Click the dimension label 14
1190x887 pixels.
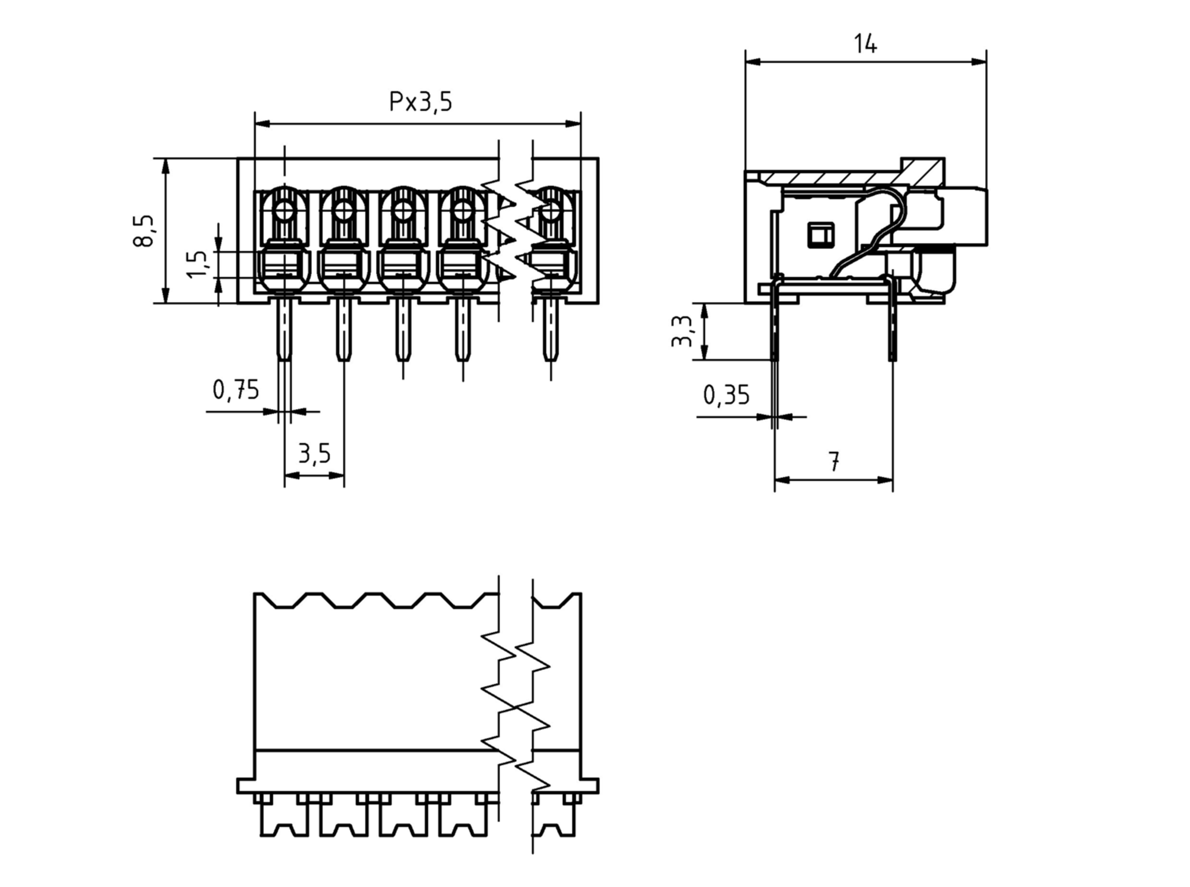865,44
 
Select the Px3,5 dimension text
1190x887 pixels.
420,102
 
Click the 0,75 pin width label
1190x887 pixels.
236,390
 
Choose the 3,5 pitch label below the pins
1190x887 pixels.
314,454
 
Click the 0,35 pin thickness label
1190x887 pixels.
726,396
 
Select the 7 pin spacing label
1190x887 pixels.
833,462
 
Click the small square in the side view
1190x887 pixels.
821,235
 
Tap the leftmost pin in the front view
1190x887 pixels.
284,330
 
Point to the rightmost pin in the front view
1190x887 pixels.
550,330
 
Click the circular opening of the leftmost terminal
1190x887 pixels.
284,211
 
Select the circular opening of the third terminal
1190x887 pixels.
403,211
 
